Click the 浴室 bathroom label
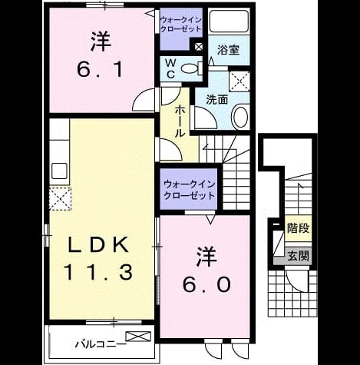228,50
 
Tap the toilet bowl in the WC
190,68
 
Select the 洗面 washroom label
217,99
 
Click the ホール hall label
180,122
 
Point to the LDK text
98,245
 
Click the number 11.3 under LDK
98,272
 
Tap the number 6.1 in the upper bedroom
100,69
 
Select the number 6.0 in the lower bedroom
206,284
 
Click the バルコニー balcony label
101,344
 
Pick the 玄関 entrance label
298,256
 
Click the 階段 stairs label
298,228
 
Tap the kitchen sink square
59,171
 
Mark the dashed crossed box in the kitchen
60,199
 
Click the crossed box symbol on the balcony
138,336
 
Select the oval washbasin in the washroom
240,117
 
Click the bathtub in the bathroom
229,21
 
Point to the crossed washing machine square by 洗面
239,81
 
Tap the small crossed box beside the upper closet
199,47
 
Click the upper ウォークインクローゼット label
181,25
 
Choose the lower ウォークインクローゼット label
189,190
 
